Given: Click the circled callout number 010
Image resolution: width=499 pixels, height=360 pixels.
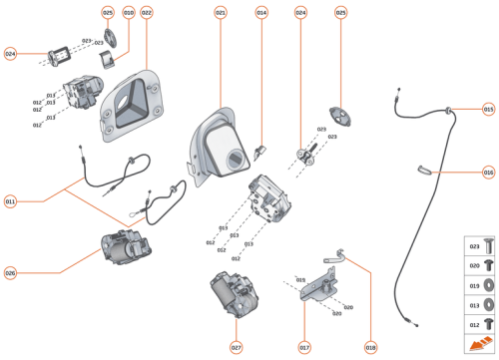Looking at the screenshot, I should (x=128, y=12).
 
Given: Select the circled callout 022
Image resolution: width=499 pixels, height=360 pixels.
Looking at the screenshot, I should (x=147, y=12).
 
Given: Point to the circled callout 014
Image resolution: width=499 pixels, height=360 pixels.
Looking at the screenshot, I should (x=261, y=12).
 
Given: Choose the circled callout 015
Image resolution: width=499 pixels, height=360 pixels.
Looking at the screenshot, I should (x=488, y=109).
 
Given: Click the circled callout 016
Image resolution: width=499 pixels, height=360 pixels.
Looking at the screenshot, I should (x=488, y=172).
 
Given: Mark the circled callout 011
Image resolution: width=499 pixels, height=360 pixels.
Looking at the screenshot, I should (x=10, y=201).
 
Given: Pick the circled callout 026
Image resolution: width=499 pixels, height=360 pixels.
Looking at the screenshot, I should (x=10, y=272).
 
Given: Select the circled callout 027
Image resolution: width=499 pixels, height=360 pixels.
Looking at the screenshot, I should (x=237, y=348).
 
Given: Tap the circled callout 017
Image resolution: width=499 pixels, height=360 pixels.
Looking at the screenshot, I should (x=304, y=348).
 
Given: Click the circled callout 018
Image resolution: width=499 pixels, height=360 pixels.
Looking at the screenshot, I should (x=370, y=348).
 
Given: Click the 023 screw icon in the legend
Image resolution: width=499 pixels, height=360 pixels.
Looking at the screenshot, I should (x=488, y=243).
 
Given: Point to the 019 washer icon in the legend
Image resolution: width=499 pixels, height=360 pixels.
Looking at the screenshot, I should (x=488, y=284).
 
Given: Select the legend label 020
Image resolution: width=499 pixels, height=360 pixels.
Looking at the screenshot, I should (x=474, y=264).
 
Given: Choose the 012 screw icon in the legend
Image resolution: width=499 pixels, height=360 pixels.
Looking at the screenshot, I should (x=488, y=324).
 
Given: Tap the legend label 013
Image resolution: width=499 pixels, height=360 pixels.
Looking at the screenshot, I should (x=474, y=304).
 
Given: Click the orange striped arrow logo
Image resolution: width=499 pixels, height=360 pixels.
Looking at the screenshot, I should (x=480, y=345).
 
